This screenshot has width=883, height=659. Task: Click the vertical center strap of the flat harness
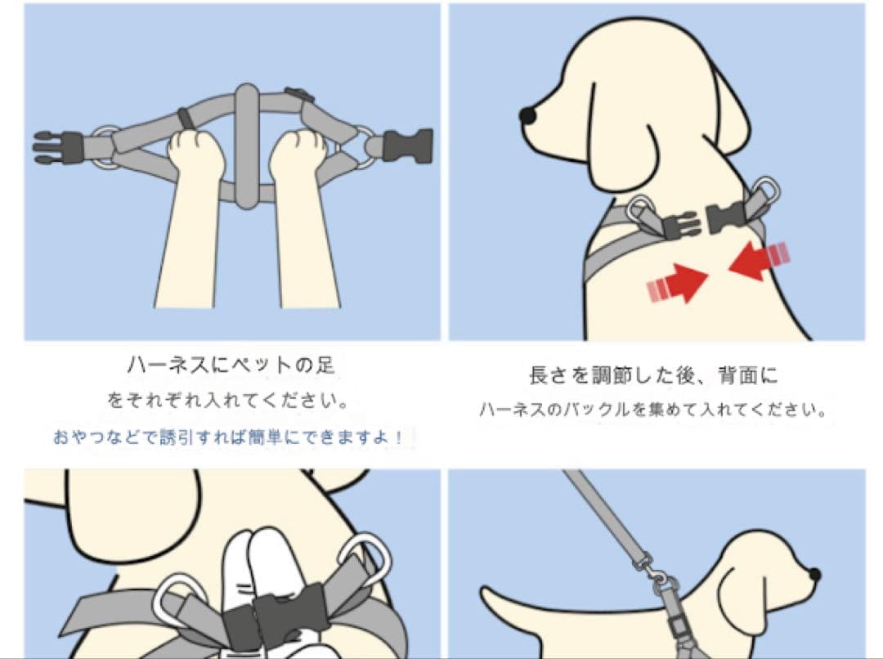coord(246,146)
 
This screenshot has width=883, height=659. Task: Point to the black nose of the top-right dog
coord(528,116)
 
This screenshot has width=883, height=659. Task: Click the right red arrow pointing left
coord(754,259)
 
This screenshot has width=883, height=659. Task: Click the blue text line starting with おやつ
coord(228,437)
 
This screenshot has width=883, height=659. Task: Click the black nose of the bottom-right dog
coord(814,575)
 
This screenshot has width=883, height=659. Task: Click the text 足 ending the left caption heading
coord(325,365)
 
